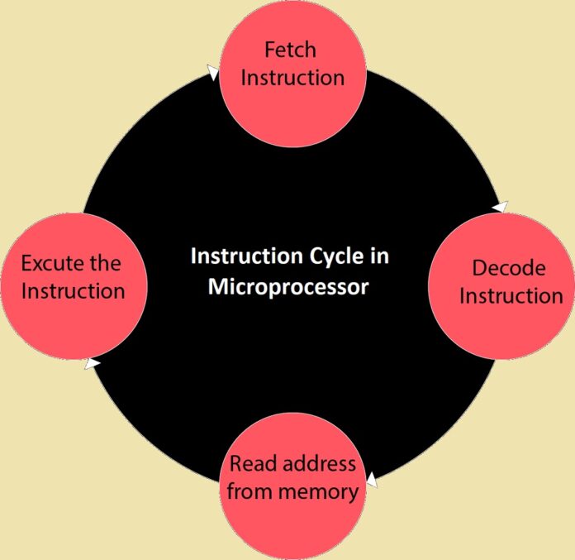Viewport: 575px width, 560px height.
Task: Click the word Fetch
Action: tap(290, 50)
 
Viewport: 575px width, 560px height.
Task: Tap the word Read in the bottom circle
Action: tap(253, 463)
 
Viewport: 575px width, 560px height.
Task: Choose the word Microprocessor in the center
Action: tap(288, 287)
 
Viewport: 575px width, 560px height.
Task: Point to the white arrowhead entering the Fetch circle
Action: tap(213, 74)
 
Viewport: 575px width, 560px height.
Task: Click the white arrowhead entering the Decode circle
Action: tap(501, 206)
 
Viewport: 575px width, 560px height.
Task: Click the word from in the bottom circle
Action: tap(249, 491)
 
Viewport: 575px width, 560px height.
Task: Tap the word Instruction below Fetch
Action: tap(292, 78)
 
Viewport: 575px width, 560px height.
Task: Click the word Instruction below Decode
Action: tap(511, 295)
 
